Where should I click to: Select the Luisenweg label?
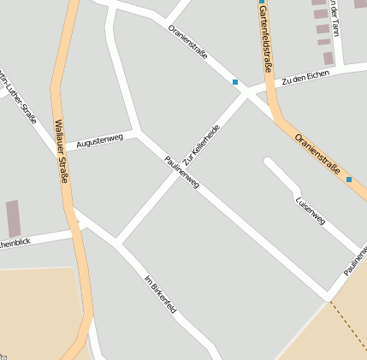coord(310,210)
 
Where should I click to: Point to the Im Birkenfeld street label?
coord(160,293)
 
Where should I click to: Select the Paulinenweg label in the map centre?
coord(181,171)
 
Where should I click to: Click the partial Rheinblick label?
coord(15,243)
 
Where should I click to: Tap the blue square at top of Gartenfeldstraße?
coord(261,2)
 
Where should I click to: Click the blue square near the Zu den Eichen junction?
coord(235,82)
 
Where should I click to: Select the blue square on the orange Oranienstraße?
coord(349,180)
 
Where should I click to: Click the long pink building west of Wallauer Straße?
coord(13,218)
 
